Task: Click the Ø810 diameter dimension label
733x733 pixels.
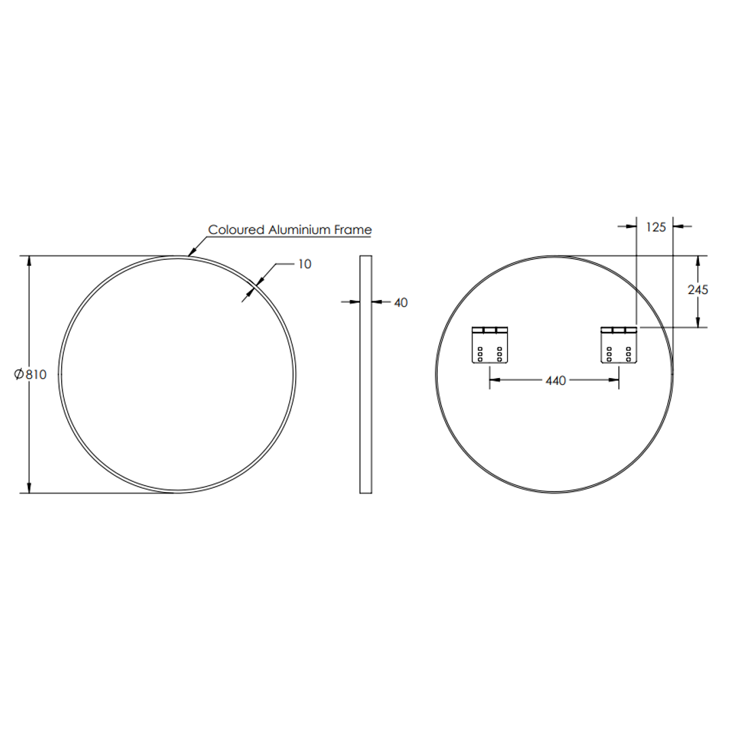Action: click(30, 375)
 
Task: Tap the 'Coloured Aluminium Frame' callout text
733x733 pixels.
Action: click(290, 230)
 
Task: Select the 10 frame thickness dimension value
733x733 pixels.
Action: click(305, 264)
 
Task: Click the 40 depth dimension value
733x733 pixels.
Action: click(400, 303)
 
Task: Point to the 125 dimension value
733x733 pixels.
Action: click(656, 227)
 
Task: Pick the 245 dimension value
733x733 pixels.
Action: click(698, 290)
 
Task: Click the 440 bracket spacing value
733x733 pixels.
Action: click(555, 381)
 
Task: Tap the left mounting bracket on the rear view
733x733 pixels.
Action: click(490, 345)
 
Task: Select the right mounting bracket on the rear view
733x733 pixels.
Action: click(619, 345)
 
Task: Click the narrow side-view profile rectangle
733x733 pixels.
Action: click(365, 375)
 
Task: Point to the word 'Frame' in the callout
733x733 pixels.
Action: click(354, 230)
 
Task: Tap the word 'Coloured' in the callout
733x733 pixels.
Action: click(237, 230)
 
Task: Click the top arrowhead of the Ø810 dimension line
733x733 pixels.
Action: click(29, 261)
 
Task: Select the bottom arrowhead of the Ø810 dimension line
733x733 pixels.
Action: click(29, 487)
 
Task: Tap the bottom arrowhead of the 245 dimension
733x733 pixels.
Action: click(698, 323)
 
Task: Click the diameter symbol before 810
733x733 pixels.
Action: click(19, 375)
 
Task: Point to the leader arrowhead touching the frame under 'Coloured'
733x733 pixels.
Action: click(191, 253)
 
